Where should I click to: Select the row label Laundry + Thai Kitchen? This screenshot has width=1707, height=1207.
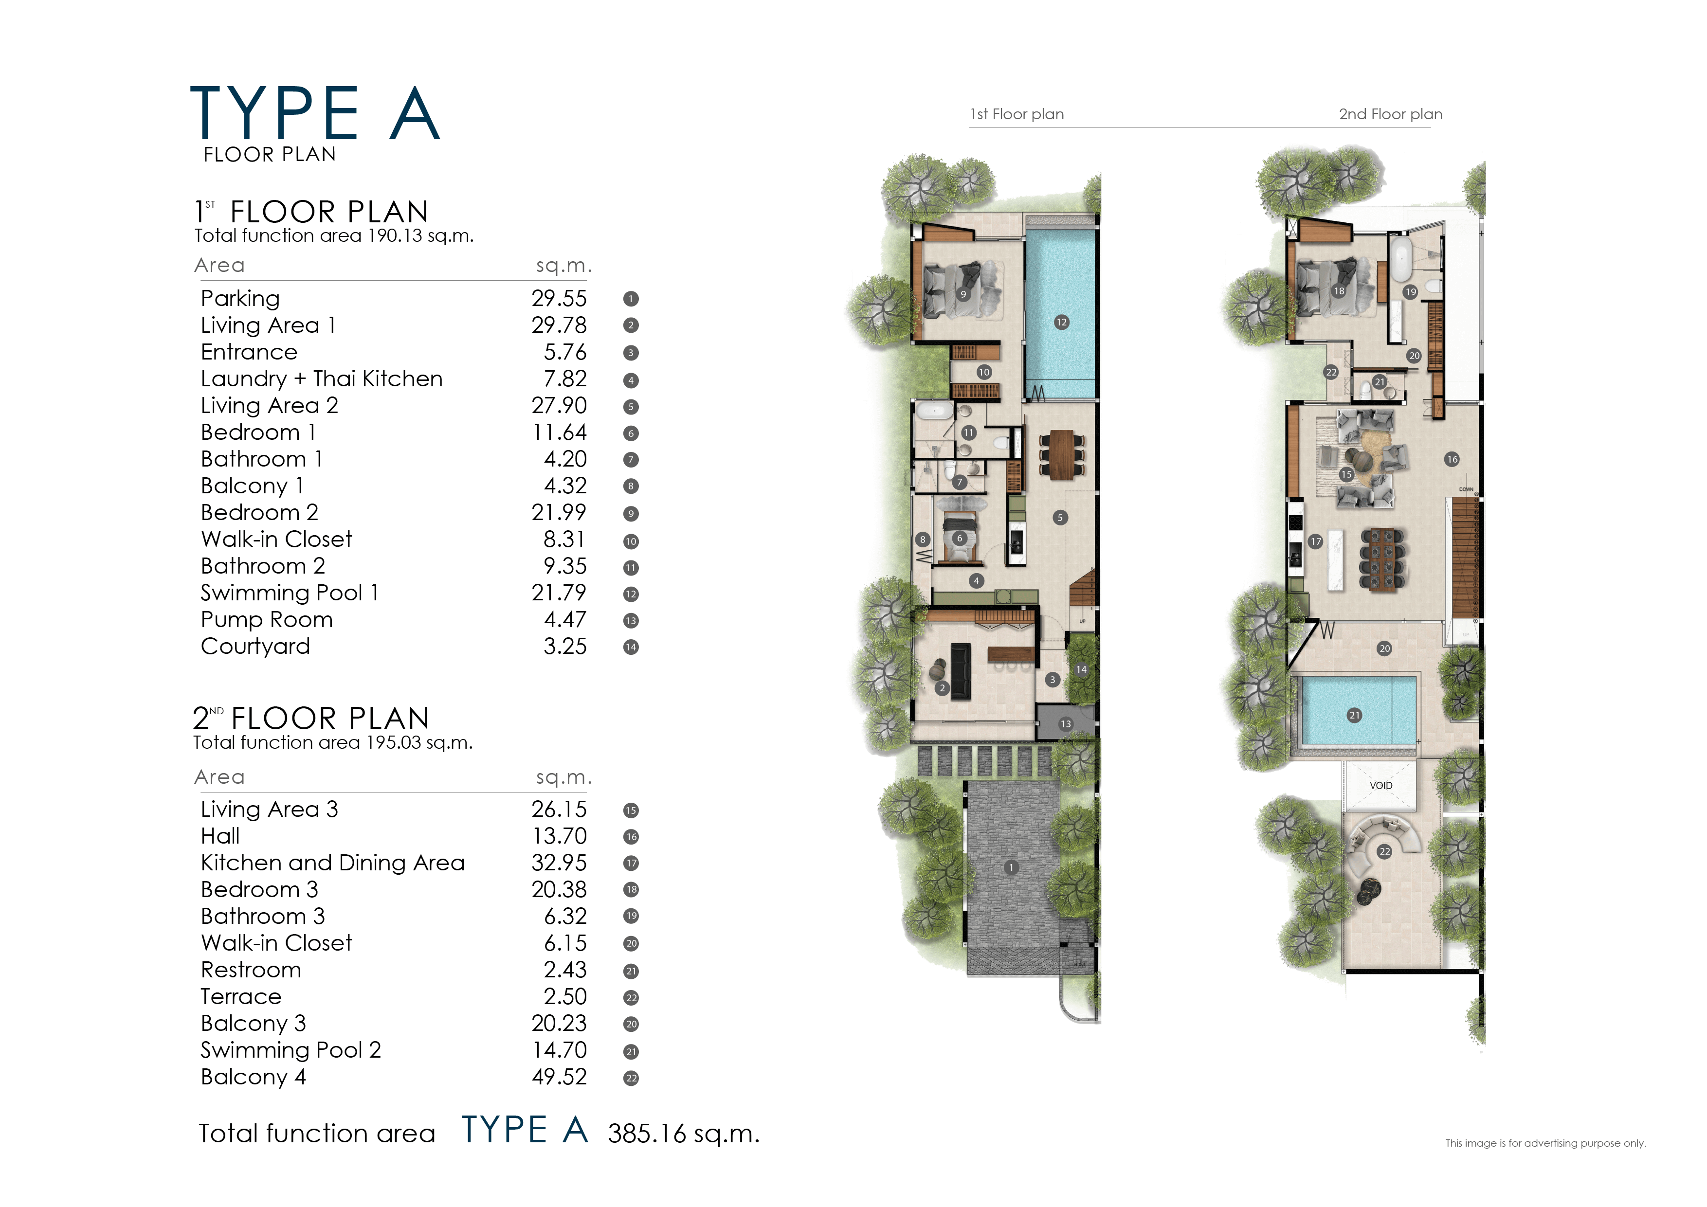(321, 378)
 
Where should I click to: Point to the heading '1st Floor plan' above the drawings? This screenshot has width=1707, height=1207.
(1017, 114)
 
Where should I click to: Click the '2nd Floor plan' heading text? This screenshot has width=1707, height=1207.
(1390, 114)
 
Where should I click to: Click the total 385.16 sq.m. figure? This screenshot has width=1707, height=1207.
(683, 1134)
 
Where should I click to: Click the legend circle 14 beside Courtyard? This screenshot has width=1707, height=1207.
(631, 647)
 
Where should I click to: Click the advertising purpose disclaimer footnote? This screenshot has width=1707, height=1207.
(1545, 1143)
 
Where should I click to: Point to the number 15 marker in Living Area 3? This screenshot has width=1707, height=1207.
(1345, 474)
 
